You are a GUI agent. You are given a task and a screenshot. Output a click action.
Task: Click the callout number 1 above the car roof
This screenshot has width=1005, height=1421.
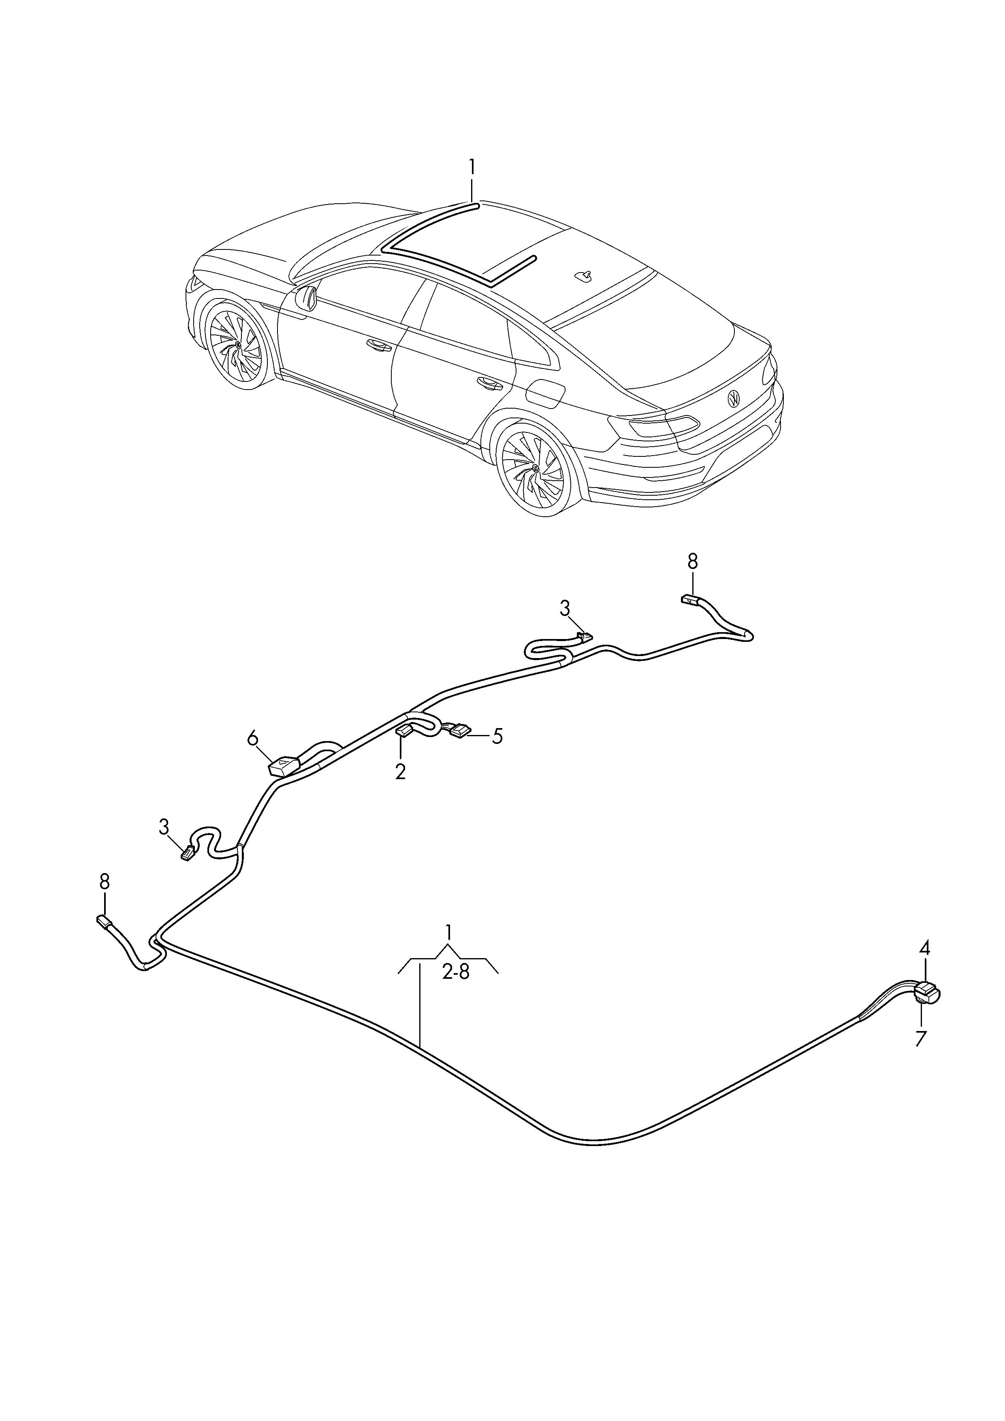tap(472, 167)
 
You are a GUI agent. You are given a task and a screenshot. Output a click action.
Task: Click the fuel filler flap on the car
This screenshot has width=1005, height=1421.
tap(545, 394)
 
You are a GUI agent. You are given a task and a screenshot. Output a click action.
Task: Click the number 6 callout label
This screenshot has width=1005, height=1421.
tap(252, 738)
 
